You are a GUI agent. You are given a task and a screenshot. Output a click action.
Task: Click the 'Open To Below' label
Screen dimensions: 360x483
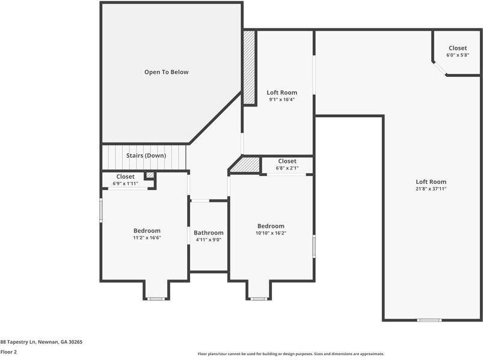click(166, 72)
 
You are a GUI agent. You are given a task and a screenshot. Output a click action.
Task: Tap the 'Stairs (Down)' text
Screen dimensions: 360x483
click(146, 156)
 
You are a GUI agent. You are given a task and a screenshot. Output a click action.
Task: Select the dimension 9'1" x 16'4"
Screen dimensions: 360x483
click(281, 100)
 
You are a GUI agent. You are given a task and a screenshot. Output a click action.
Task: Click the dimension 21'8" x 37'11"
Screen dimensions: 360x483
click(431, 189)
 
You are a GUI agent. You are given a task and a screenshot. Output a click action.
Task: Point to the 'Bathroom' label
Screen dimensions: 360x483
click(208, 233)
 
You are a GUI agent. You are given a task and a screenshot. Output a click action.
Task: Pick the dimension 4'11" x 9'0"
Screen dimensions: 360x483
click(208, 240)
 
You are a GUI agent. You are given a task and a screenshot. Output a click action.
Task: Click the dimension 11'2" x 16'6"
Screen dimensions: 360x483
click(147, 237)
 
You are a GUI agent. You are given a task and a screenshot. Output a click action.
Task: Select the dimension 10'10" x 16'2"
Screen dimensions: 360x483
click(271, 233)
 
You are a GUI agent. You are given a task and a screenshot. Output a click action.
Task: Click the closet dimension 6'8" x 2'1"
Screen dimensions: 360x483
click(287, 168)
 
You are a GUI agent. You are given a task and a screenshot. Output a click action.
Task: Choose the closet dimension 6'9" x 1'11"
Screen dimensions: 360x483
click(125, 183)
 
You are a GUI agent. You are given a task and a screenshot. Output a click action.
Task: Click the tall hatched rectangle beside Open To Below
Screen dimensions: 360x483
click(249, 67)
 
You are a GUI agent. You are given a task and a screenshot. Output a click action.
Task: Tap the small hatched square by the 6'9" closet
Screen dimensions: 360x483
click(150, 175)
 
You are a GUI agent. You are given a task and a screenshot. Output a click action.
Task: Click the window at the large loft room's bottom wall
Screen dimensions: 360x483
click(429, 320)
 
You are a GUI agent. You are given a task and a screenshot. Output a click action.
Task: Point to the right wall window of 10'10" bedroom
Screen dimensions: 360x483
click(313, 246)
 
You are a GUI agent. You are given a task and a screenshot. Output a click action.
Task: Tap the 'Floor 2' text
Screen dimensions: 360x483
click(8, 352)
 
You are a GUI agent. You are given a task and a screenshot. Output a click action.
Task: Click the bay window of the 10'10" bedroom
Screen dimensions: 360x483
click(259, 299)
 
